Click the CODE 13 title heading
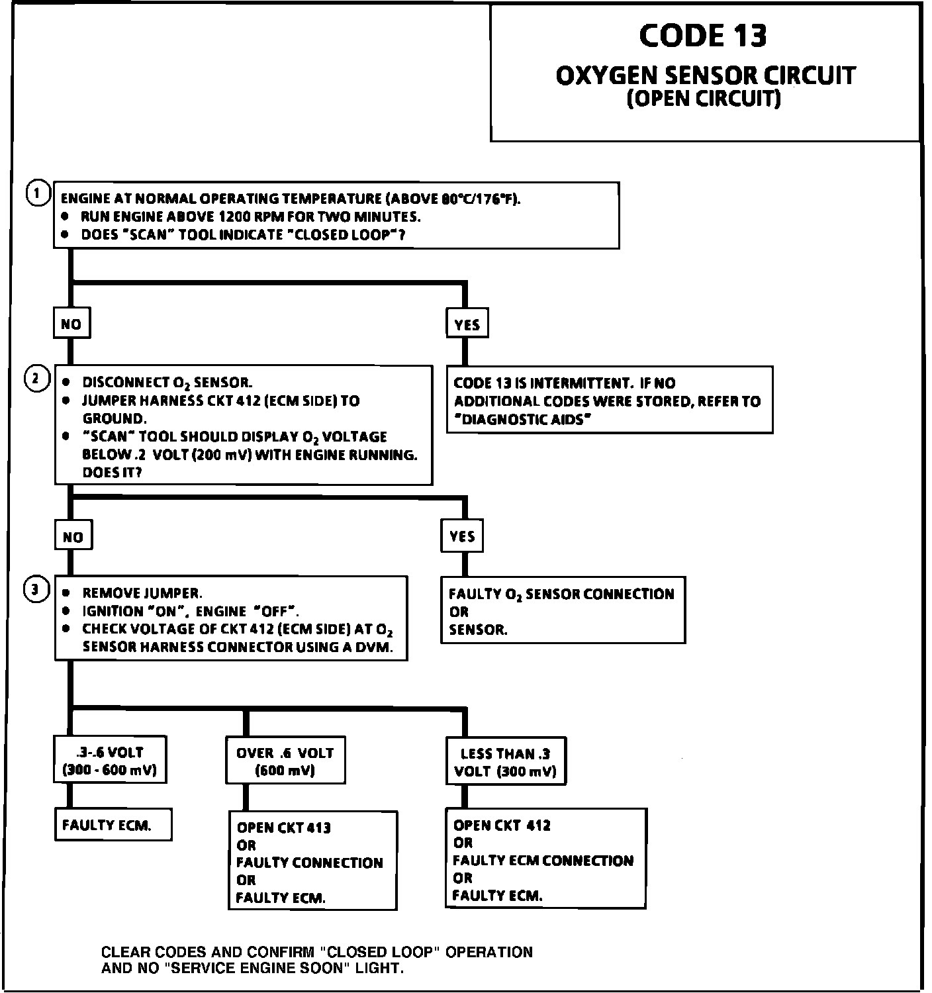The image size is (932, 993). [x=703, y=36]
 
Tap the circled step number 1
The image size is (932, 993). [x=38, y=194]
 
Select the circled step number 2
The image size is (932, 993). [x=37, y=379]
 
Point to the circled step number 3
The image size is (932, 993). [x=37, y=589]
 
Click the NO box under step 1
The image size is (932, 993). [x=71, y=324]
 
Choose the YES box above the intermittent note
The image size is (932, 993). [x=467, y=324]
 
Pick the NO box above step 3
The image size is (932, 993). [x=73, y=536]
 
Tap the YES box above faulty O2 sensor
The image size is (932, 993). [x=462, y=536]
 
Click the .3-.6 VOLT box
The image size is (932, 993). [x=109, y=761]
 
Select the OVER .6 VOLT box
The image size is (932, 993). [x=285, y=761]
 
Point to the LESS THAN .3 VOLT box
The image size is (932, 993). [x=506, y=762]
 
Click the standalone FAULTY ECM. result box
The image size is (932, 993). [x=107, y=825]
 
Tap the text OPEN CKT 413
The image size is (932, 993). [x=284, y=827]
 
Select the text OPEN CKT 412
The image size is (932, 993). [x=502, y=826]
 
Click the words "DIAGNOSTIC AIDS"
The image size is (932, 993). [x=522, y=419]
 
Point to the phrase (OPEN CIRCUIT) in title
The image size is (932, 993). [x=703, y=99]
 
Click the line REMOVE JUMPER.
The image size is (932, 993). [x=142, y=592]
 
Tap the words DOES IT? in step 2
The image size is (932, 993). [x=112, y=473]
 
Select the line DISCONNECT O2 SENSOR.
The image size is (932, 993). [x=167, y=383]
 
